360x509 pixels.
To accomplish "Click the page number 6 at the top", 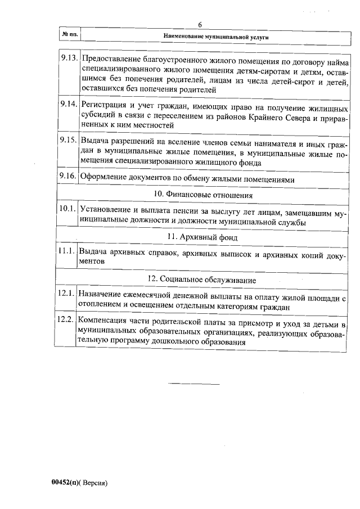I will click(200, 24).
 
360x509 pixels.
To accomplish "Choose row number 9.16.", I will click(67, 176).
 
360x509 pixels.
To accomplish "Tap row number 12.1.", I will click(66, 294).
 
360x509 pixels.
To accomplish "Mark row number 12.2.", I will click(66, 320).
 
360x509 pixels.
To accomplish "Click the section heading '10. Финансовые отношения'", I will click(203, 194).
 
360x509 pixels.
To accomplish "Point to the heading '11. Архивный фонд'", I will click(203, 237).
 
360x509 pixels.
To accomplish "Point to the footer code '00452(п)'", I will click(66, 483).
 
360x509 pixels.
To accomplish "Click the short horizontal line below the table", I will click(193, 384).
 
